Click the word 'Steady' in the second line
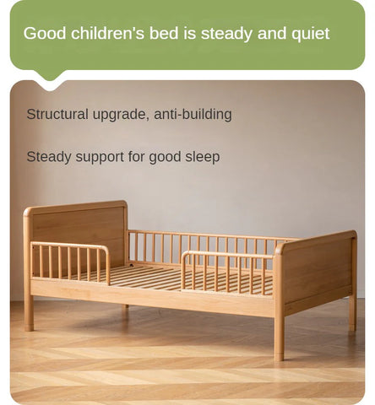tap(49, 157)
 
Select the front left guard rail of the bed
tap(70, 261)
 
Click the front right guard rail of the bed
tap(226, 273)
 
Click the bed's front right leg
tap(279, 337)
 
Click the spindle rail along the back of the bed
tap(203, 247)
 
